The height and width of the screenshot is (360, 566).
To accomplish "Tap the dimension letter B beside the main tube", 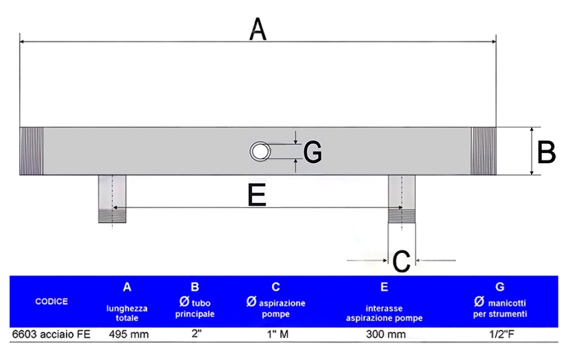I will [546, 152].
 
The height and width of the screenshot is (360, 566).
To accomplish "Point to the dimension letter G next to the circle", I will [313, 152].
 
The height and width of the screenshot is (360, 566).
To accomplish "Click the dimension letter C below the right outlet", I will [400, 261].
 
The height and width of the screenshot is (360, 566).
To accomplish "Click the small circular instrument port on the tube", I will [260, 151].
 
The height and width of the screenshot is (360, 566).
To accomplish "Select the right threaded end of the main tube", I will [483, 151].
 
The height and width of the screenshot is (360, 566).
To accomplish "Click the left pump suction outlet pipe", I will [112, 198].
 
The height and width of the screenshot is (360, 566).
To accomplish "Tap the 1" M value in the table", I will [275, 335].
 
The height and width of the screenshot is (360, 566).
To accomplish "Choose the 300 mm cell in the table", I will [384, 335].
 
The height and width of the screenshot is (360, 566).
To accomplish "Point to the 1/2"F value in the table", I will [499, 335].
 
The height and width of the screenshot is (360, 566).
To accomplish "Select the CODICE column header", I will [51, 302].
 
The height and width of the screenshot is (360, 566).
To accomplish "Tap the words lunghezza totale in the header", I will [127, 313].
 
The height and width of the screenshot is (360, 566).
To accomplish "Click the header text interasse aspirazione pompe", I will [384, 313].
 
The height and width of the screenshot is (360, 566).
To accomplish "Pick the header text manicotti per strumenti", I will [499, 309].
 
